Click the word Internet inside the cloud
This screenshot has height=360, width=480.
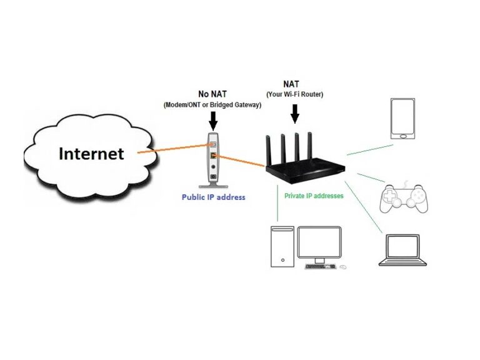point(91,153)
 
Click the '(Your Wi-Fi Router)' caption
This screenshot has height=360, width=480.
point(295,95)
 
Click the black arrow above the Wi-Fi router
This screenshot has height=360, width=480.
point(295,113)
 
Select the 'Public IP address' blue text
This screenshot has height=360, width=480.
point(213,197)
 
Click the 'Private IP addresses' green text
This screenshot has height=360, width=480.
point(314,196)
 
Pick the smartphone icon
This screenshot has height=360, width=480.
point(402,118)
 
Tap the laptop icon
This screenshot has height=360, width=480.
point(403,251)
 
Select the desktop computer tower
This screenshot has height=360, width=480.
point(282,247)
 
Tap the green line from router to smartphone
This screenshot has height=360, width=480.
point(370,150)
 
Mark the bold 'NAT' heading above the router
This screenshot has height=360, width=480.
point(295,84)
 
